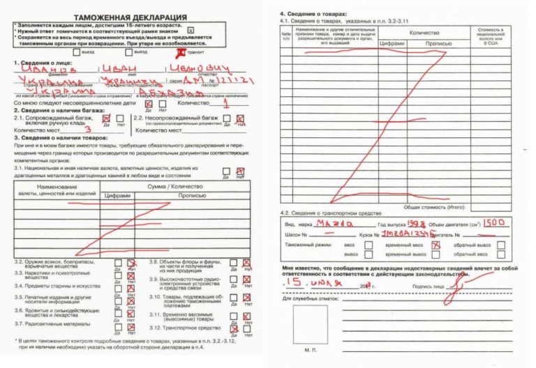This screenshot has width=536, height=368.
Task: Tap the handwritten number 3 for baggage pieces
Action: pos(88,129)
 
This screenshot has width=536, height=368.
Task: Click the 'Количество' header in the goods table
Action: pos(424,33)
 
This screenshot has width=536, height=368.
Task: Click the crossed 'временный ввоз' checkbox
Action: pos(435,245)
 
